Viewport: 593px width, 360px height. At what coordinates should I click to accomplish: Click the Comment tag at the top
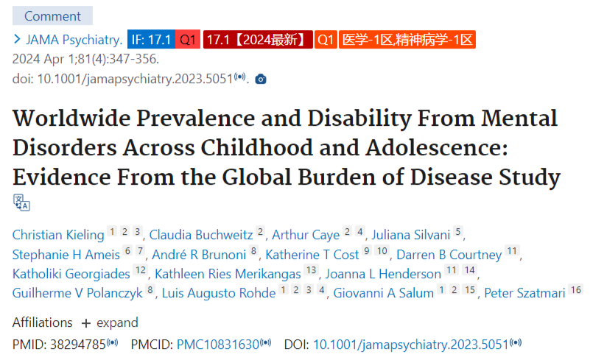pyautogui.click(x=52, y=16)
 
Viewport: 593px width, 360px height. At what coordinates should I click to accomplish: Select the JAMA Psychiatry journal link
pyautogui.click(x=74, y=40)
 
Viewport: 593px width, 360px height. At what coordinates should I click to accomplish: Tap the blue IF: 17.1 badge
pyautogui.click(x=151, y=40)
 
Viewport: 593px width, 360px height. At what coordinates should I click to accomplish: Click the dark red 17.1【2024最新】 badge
pyautogui.click(x=258, y=40)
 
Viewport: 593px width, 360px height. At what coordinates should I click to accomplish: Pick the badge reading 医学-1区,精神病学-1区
pyautogui.click(x=407, y=40)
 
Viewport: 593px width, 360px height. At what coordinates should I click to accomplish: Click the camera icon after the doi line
pyautogui.click(x=261, y=79)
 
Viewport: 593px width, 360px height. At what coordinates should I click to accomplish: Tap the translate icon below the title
pyautogui.click(x=21, y=202)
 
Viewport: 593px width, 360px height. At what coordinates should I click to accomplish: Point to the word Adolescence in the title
pyautogui.click(x=436, y=147)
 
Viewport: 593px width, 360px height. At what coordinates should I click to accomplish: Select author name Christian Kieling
pyautogui.click(x=58, y=235)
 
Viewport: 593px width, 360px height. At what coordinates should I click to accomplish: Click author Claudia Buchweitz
pyautogui.click(x=201, y=235)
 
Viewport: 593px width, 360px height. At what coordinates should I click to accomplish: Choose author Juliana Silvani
pyautogui.click(x=411, y=235)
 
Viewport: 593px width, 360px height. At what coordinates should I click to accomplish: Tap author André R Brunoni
pyautogui.click(x=199, y=255)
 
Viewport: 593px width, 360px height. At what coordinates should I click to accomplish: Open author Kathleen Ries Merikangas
pyautogui.click(x=228, y=274)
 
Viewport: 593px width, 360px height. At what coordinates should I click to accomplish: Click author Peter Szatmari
pyautogui.click(x=524, y=293)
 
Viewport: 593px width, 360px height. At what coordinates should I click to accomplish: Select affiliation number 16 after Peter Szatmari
pyautogui.click(x=575, y=290)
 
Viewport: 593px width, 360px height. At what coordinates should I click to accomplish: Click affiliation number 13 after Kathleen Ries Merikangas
pyautogui.click(x=312, y=270)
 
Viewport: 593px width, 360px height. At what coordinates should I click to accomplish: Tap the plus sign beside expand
pyautogui.click(x=86, y=323)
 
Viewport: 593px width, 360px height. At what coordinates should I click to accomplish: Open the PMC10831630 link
pyautogui.click(x=218, y=345)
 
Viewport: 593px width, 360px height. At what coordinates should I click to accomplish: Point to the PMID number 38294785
pyautogui.click(x=78, y=345)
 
